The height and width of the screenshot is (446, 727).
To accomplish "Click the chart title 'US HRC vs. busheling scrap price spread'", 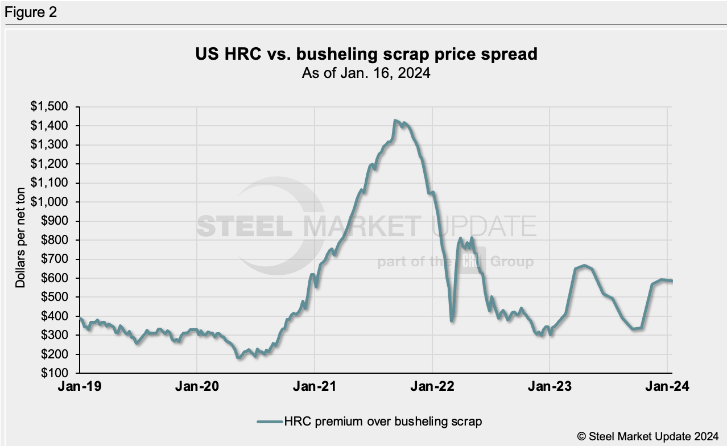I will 366,55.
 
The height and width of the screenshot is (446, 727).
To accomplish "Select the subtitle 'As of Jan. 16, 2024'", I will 366,73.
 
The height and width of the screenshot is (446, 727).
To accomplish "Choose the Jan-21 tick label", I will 315,387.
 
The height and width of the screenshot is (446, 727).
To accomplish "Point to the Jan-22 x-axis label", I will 432,387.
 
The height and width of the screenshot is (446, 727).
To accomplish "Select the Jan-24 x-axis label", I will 667,387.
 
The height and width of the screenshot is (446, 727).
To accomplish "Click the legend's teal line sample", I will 270,422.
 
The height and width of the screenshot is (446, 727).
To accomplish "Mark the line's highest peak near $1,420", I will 395,121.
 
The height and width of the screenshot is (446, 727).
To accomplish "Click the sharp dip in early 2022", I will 452,321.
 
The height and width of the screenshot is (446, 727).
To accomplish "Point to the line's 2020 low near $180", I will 239,357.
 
